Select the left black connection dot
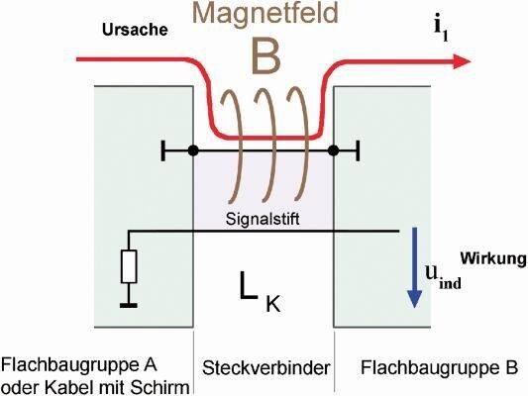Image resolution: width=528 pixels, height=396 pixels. [x=193, y=150]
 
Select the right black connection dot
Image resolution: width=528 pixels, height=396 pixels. [x=334, y=150]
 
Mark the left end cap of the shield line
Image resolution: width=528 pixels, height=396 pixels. [x=161, y=150]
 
